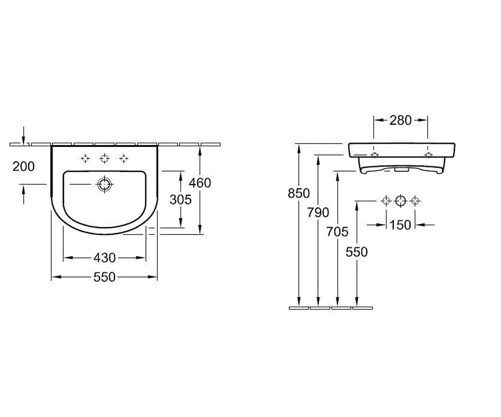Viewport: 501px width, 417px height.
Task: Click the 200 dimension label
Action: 23,166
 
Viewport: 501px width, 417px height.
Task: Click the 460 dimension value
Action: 200,183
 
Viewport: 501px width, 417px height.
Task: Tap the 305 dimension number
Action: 180,199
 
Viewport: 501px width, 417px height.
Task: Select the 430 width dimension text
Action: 104,258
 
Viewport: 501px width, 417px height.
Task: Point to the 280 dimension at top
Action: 400,121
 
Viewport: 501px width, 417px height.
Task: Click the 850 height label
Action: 299,193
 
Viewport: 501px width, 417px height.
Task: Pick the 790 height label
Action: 318,212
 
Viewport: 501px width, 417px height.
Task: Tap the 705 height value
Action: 337,232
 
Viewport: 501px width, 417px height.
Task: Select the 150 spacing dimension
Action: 400,225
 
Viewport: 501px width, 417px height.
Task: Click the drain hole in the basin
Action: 105,185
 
